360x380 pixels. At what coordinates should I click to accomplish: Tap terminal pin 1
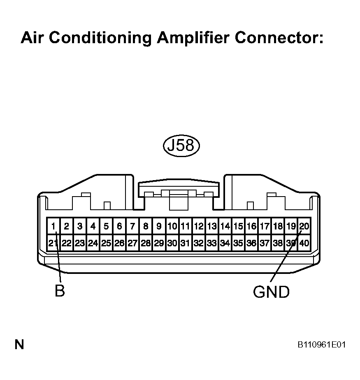(x=53, y=226)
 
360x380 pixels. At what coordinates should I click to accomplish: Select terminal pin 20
(x=304, y=226)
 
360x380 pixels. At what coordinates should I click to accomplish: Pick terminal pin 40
(x=304, y=243)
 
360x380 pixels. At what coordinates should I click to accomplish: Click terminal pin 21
(x=53, y=243)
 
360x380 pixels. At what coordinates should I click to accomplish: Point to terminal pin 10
(x=172, y=226)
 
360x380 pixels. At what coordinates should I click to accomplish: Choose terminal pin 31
(x=186, y=243)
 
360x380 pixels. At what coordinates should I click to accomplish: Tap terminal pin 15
(x=238, y=226)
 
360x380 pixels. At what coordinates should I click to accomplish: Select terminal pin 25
(x=106, y=243)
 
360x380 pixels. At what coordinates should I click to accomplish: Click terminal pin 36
(x=251, y=243)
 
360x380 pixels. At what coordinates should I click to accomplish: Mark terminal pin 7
(x=132, y=226)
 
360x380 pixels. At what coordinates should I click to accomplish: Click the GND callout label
(x=271, y=292)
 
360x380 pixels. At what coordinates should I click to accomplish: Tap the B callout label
(x=60, y=291)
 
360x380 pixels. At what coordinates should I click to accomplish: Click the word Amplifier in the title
(x=193, y=38)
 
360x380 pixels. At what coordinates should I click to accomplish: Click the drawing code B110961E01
(x=322, y=344)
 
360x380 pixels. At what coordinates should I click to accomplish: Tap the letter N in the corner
(x=19, y=344)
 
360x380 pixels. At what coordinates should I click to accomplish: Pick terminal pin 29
(x=159, y=243)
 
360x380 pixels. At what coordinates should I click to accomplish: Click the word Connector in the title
(x=279, y=38)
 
